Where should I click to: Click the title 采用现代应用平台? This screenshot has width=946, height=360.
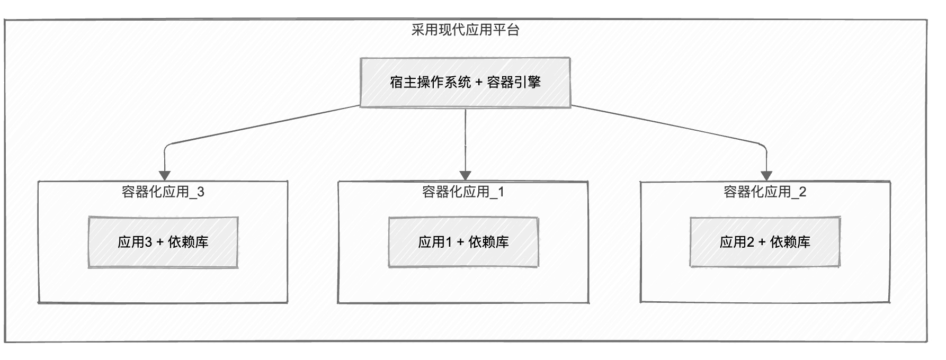(x=465, y=30)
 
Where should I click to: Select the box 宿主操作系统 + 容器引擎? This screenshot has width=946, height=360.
(x=465, y=82)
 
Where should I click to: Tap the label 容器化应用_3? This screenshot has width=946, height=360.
(x=163, y=192)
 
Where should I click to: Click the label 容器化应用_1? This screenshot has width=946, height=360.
(x=463, y=192)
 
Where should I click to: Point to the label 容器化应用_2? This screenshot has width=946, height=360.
(x=765, y=192)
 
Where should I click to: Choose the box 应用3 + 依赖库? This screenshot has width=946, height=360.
(x=163, y=242)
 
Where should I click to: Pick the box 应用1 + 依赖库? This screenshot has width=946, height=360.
(x=463, y=242)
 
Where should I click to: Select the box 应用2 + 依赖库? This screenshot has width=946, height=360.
(x=765, y=242)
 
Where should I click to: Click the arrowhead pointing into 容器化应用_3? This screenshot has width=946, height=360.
(x=165, y=175)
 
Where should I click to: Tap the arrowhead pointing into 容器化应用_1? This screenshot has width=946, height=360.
(x=465, y=175)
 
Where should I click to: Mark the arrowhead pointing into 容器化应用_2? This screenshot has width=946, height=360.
(x=766, y=175)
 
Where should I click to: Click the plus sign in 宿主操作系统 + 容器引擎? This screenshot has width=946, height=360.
(x=479, y=83)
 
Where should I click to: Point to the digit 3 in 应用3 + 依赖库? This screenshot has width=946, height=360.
(x=148, y=242)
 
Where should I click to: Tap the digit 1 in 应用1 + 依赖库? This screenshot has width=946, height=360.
(x=449, y=242)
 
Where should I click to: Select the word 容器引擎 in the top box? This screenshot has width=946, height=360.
(x=514, y=82)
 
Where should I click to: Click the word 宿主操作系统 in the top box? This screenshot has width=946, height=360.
(x=430, y=82)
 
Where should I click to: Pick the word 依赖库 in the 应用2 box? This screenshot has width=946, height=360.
(x=790, y=242)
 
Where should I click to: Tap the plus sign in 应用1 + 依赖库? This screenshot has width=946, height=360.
(x=460, y=242)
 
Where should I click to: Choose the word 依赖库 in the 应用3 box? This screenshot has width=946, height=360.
(x=188, y=242)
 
